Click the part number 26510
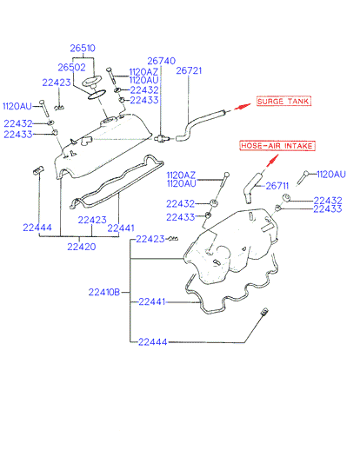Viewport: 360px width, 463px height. click(x=83, y=48)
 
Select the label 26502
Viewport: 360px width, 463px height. click(x=71, y=68)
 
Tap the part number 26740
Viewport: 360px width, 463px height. click(x=162, y=61)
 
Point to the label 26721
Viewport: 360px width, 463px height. click(x=189, y=70)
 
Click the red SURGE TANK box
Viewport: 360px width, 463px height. click(x=283, y=101)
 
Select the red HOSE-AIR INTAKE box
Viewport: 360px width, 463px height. click(x=277, y=146)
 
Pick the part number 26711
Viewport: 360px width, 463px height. click(x=277, y=186)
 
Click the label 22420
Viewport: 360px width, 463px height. click(x=82, y=247)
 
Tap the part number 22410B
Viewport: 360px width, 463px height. click(x=104, y=293)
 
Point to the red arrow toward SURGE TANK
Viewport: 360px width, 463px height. click(x=242, y=107)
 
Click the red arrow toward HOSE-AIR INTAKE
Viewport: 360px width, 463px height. click(x=272, y=161)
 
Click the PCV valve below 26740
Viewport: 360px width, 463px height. click(x=161, y=138)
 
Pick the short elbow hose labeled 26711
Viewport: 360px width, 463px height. click(x=252, y=188)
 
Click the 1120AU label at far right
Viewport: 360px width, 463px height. click(x=331, y=175)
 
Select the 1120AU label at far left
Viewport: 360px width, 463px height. click(x=17, y=106)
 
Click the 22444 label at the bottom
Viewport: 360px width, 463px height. click(x=153, y=342)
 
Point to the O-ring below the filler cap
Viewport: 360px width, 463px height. click(x=96, y=94)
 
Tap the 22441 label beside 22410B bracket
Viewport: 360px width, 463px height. click(x=152, y=301)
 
